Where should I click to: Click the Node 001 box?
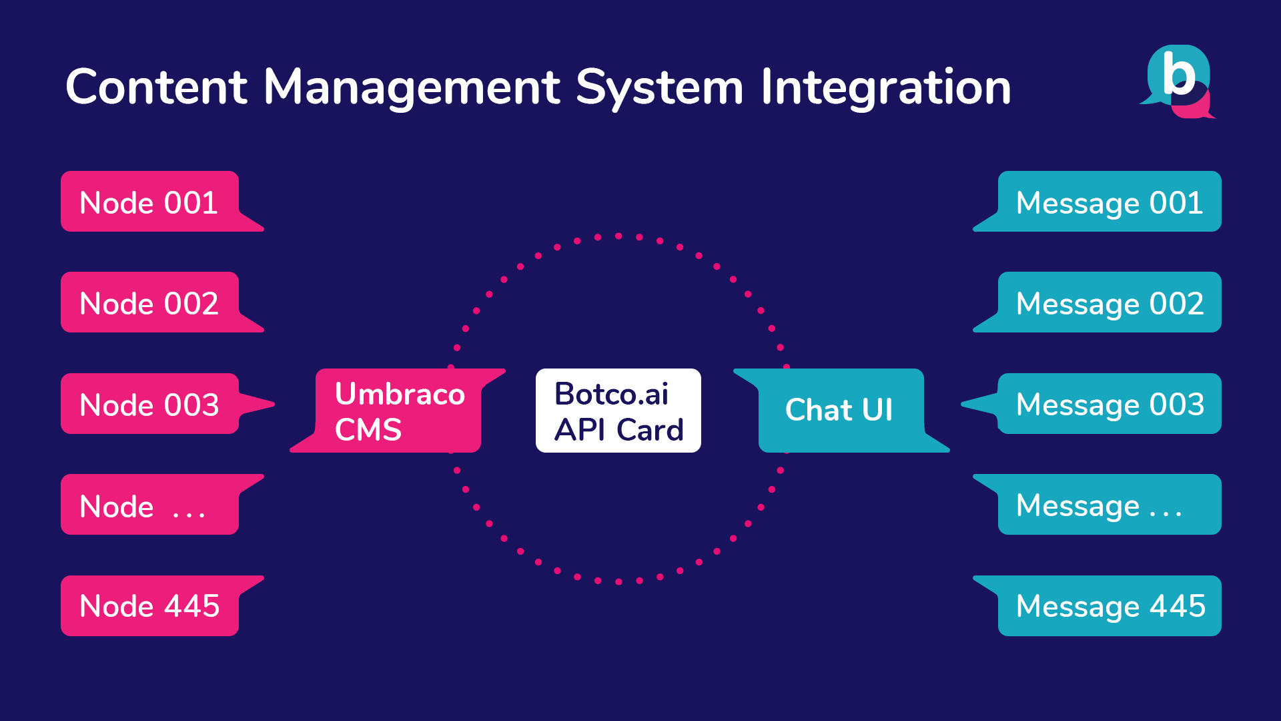click(150, 202)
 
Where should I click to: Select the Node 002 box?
click(150, 302)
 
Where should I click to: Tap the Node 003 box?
click(150, 404)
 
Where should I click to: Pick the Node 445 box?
click(150, 606)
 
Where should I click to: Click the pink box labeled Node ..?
click(150, 505)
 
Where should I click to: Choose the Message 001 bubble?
click(1110, 202)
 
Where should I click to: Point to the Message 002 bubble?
click(1110, 302)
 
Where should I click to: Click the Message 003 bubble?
click(1110, 404)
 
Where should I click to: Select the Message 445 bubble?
click(1110, 606)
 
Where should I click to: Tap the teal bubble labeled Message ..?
click(1110, 505)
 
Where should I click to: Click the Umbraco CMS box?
click(398, 411)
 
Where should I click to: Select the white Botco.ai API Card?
click(618, 411)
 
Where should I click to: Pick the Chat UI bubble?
click(841, 411)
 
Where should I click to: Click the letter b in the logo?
click(1179, 73)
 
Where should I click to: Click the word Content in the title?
click(157, 87)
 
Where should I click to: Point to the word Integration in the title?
click(886, 88)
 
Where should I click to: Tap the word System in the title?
click(659, 88)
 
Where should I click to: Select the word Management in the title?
click(412, 88)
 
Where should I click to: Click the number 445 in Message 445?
click(1178, 606)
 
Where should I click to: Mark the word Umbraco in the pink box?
click(400, 394)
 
